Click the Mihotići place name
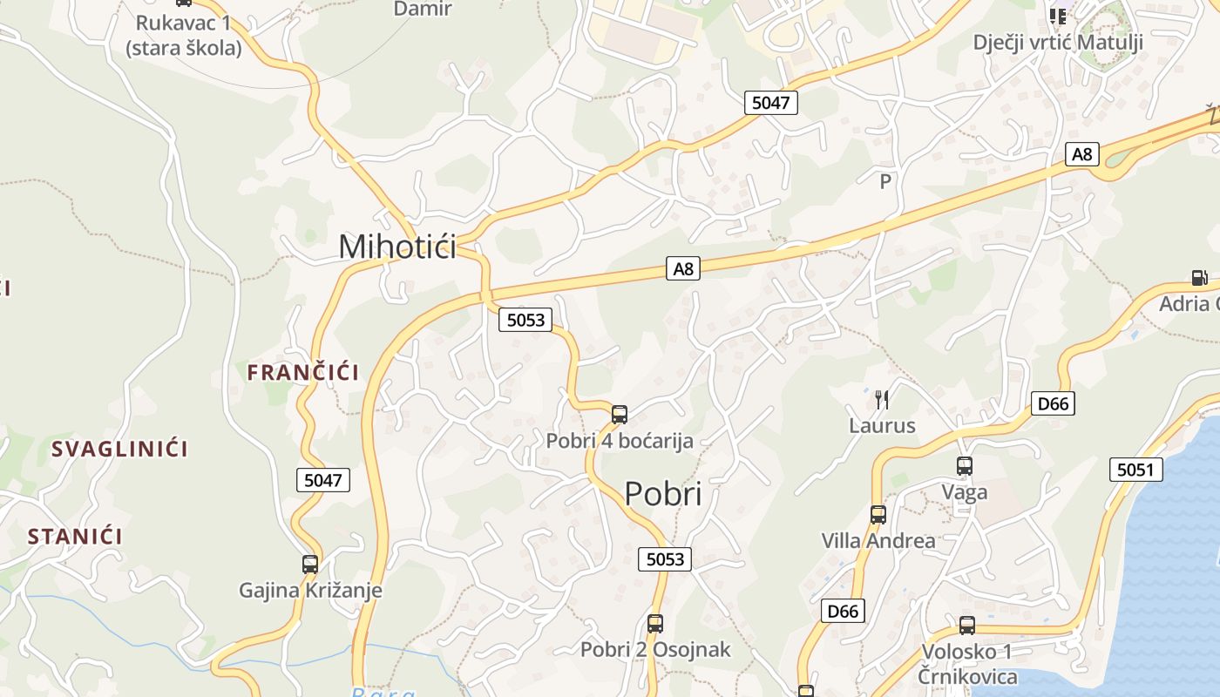coord(397,247)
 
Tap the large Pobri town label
coord(663,494)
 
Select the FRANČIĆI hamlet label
coord(302,373)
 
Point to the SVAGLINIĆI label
coord(119,450)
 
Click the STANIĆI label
coord(75,537)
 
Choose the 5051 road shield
coord(1136,470)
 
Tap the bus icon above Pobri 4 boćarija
coord(620,415)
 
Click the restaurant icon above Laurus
coord(882,400)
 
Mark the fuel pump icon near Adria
coord(1200,278)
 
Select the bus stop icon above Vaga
coord(965,466)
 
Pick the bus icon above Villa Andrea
coord(878,515)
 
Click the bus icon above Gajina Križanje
coord(310,565)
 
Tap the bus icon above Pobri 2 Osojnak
coord(655,624)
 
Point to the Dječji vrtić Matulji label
coord(1056,43)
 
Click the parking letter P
coord(885,181)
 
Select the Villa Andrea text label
coord(878,541)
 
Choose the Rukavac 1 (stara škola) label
coord(183,36)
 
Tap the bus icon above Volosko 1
coord(967,626)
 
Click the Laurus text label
coord(882,426)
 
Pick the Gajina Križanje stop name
coord(310,591)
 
